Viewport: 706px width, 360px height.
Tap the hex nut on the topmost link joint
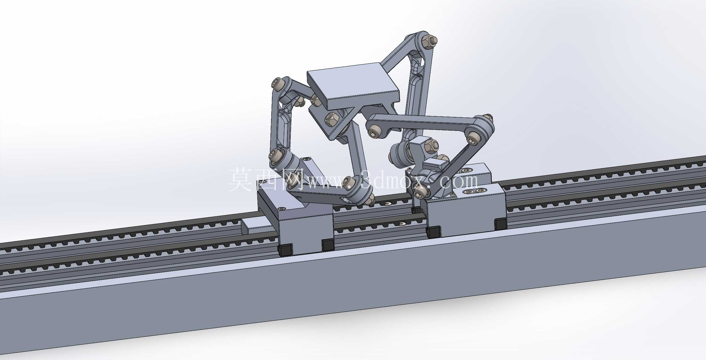coord(429,41)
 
